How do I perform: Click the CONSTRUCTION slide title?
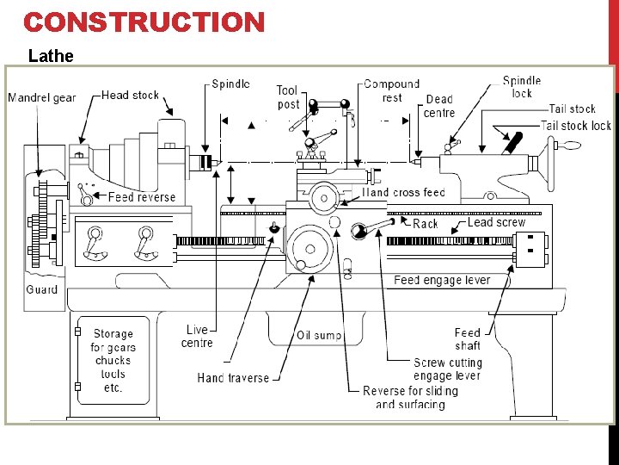coord(144,22)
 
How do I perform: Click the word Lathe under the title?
coord(51,57)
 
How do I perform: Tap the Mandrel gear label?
coord(41,97)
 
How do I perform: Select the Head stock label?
coord(130,95)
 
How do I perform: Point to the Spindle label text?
coord(230,84)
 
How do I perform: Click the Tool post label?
coord(288,97)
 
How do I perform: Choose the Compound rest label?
coord(391,90)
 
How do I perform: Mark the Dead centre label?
coord(439,106)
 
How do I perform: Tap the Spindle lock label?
coord(522,87)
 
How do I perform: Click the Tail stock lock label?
coord(575,126)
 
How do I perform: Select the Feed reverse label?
coord(142,197)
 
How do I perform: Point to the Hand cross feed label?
coord(403,193)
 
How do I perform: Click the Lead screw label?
coord(496,222)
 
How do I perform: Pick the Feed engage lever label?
coord(442,280)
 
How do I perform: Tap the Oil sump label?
coord(319,335)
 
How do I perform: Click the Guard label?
coord(41,289)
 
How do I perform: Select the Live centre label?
coord(197,337)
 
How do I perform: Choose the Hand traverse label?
coord(233,377)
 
